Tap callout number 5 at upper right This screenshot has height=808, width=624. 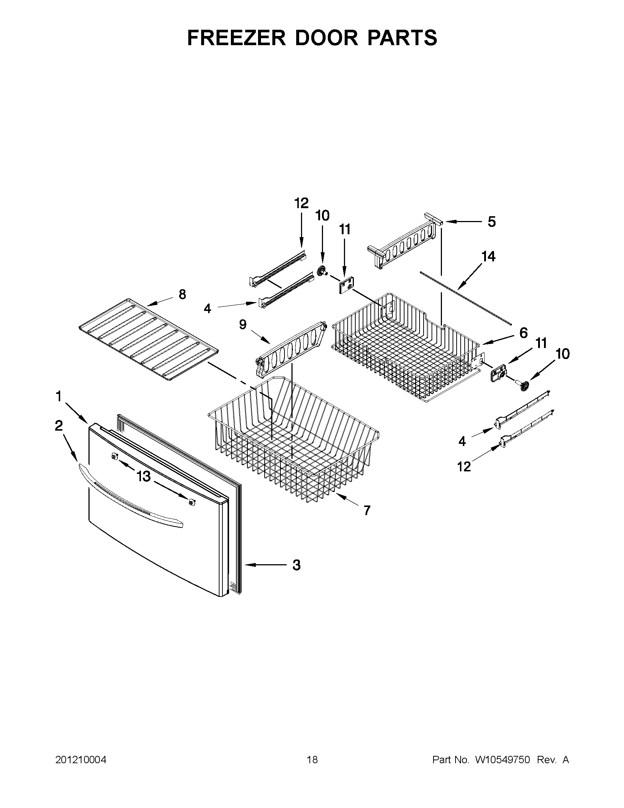[491, 222]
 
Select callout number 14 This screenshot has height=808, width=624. [488, 256]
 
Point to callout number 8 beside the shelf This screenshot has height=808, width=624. [182, 294]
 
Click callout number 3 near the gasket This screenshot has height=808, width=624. [296, 565]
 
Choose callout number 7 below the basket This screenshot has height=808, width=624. [367, 511]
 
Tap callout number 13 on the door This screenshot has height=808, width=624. [144, 477]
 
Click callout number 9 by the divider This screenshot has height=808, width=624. [243, 325]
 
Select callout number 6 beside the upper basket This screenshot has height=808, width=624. [523, 333]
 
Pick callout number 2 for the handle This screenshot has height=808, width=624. [59, 426]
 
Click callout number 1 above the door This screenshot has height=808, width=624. [58, 396]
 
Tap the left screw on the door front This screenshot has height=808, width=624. [115, 458]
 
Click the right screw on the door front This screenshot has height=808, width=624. [192, 502]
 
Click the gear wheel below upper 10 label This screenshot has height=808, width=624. [321, 271]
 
